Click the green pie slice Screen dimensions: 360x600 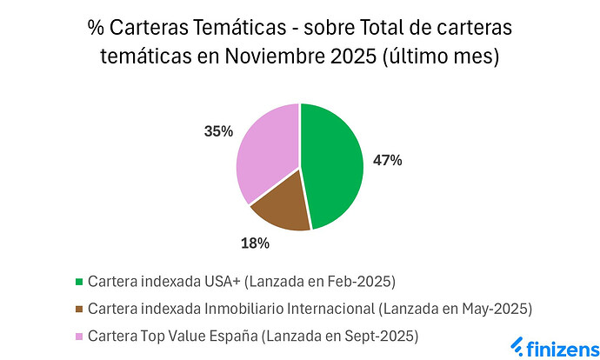pos(335,165)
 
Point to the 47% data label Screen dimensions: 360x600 pos(387,161)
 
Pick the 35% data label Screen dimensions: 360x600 pos(219,131)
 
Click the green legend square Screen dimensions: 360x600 pos(79,282)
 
